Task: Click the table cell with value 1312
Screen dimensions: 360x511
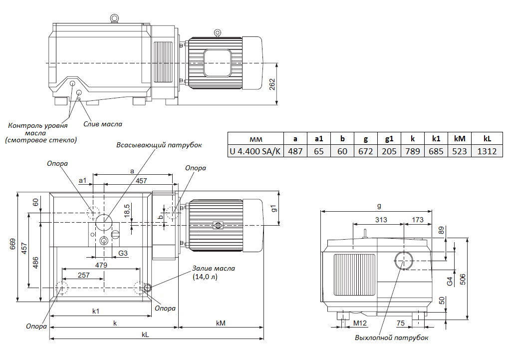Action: pyautogui.click(x=487, y=151)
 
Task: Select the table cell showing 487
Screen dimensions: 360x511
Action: pyautogui.click(x=295, y=151)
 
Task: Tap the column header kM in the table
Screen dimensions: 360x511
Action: pyautogui.click(x=460, y=138)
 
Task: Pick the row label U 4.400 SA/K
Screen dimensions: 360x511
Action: pyautogui.click(x=255, y=151)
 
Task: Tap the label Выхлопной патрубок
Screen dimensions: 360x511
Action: pyautogui.click(x=391, y=338)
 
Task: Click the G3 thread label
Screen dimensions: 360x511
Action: pyautogui.click(x=123, y=254)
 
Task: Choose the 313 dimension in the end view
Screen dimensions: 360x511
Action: pyautogui.click(x=381, y=220)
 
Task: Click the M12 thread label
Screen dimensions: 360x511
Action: pyautogui.click(x=360, y=324)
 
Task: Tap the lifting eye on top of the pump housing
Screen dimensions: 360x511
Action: pyautogui.click(x=114, y=18)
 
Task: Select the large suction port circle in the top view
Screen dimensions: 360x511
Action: pyautogui.click(x=105, y=221)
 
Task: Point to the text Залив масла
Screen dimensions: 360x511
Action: pyautogui.click(x=214, y=268)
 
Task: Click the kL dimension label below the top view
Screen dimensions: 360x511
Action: pyautogui.click(x=145, y=335)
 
